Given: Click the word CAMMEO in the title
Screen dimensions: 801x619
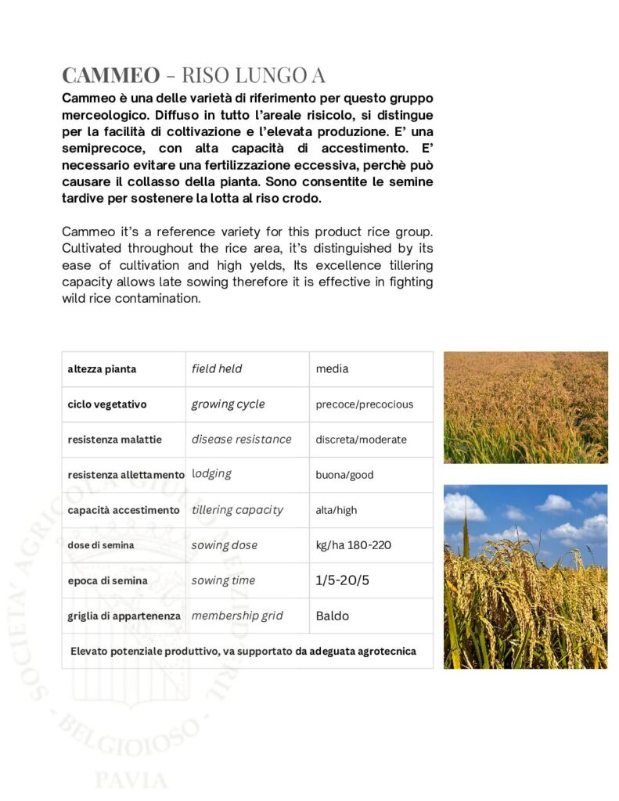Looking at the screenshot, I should [x=110, y=75].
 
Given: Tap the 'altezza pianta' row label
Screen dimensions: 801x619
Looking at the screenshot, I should [x=102, y=368].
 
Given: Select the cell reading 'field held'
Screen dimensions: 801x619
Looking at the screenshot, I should [x=217, y=368].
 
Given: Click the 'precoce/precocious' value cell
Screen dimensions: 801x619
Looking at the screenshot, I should [x=364, y=404].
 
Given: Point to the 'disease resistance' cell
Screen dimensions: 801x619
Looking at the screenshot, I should [x=241, y=440].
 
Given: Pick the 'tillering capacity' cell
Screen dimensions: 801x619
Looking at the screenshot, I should [x=237, y=510].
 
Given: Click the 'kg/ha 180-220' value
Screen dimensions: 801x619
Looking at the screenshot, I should [x=353, y=545].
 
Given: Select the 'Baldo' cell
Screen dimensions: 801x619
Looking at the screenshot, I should [x=333, y=616].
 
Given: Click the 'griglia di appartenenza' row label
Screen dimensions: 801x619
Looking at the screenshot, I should [x=124, y=616].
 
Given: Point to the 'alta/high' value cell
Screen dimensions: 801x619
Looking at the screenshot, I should [x=336, y=510].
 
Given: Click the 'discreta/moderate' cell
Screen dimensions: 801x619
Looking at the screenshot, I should [x=361, y=440].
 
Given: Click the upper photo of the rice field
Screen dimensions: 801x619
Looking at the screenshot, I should [x=525, y=407].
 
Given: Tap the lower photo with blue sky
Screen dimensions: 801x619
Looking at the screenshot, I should [x=525, y=577].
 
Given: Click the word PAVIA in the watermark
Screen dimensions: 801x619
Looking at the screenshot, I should [x=131, y=779].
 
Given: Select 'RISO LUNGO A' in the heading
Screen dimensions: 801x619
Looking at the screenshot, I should [x=253, y=75].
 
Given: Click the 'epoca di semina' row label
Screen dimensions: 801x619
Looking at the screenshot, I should [x=106, y=580].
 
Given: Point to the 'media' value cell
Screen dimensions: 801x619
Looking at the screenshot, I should [x=332, y=368].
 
